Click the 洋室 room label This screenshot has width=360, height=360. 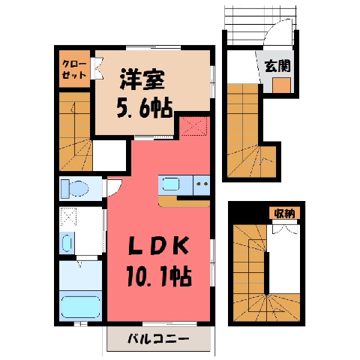(x=142, y=79)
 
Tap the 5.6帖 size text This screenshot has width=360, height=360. (x=145, y=108)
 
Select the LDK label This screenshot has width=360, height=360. (x=158, y=246)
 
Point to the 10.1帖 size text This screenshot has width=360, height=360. (x=159, y=277)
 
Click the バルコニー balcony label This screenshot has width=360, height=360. (x=158, y=339)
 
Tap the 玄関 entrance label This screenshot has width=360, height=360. (x=277, y=66)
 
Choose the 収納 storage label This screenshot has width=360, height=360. (x=284, y=213)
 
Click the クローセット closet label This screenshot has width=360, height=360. (x=74, y=69)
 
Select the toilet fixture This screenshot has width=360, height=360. (x=74, y=188)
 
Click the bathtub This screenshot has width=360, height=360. (x=80, y=307)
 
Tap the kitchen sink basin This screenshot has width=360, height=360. (x=171, y=184)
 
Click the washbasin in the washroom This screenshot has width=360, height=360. (x=67, y=243)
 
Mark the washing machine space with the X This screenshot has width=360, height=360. (x=67, y=217)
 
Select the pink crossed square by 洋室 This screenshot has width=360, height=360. (x=194, y=126)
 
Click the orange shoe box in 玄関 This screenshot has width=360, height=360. (x=281, y=85)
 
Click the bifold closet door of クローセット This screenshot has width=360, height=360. (x=97, y=68)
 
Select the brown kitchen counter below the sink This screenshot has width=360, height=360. (x=184, y=202)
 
